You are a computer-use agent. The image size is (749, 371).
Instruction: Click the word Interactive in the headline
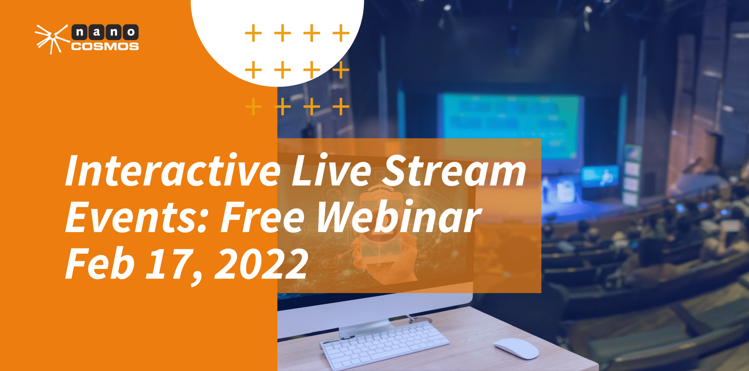pyautogui.click(x=173, y=171)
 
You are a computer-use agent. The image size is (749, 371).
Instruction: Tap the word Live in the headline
pyautogui.click(x=332, y=171)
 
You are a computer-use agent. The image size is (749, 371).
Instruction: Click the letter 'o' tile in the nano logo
pyautogui.click(x=131, y=32)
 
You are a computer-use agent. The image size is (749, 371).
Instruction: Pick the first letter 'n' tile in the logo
pyautogui.click(x=80, y=32)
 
